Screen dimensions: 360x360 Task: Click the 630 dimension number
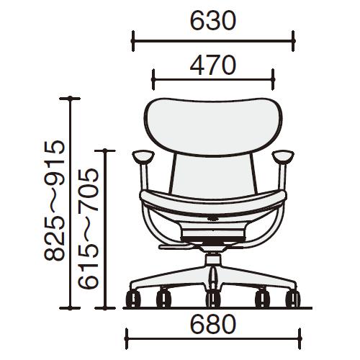pos(213,21)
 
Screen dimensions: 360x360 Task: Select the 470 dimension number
pos(213,65)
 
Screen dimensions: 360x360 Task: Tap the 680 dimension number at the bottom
pos(213,324)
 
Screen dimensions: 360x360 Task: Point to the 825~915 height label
pos(55,200)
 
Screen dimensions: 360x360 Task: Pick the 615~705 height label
pos(89,228)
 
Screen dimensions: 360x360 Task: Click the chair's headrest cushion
pos(213,127)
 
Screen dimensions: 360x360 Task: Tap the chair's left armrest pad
pos(143,157)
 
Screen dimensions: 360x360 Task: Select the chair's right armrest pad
pos(283,157)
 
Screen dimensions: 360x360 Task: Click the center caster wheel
pos(213,299)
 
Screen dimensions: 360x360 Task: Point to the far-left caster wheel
pos(133,299)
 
